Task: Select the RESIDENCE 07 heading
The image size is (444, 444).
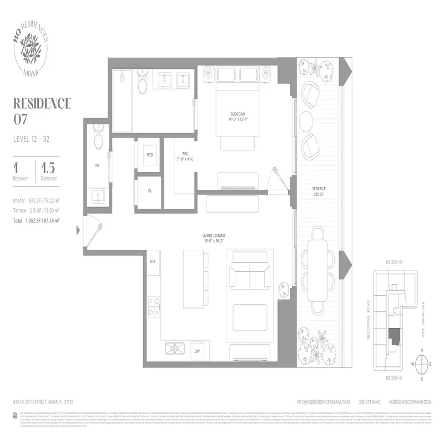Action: point(42,110)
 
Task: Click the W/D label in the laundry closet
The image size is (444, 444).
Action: point(150,155)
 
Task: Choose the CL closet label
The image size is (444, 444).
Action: point(150,190)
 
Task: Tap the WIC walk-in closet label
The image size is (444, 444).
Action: point(183,157)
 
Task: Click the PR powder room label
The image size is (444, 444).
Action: point(97,166)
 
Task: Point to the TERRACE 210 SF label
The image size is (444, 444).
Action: point(318,192)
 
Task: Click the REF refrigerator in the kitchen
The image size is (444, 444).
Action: point(153,261)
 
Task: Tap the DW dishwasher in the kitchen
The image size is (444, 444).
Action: point(196,351)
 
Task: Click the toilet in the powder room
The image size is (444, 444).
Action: point(99,139)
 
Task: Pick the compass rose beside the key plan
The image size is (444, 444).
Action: point(422,364)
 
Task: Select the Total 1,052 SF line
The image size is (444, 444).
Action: point(36,220)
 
